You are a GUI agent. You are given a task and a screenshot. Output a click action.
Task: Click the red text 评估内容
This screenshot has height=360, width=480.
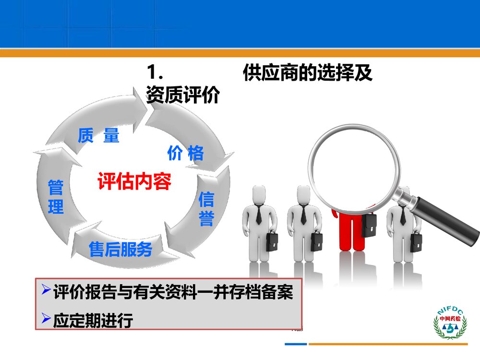(x=134, y=181)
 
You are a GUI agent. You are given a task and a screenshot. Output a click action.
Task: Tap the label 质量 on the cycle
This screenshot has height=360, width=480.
(x=98, y=136)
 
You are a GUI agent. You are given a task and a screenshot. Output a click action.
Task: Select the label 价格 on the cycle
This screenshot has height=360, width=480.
(x=185, y=153)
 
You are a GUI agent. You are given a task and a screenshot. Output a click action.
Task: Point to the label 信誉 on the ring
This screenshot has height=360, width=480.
(x=206, y=209)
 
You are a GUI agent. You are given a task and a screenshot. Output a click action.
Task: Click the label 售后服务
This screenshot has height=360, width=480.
(x=120, y=249)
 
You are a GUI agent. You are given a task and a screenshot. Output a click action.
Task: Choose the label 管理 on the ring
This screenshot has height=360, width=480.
(x=56, y=197)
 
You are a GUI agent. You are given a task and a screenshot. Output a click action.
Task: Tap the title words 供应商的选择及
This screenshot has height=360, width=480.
(x=308, y=73)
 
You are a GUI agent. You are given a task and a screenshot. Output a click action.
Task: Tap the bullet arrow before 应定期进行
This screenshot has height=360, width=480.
(x=46, y=317)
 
